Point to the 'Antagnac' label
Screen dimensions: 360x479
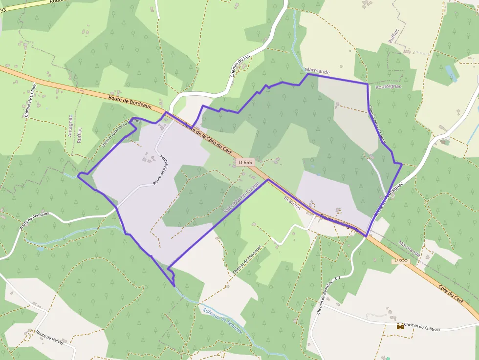(x=70, y=126)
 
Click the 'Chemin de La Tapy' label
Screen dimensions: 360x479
(x=28, y=103)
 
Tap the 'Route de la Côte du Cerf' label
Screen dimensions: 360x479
(x=207, y=138)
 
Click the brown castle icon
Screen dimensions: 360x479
(x=400, y=326)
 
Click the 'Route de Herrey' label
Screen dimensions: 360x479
(x=49, y=337)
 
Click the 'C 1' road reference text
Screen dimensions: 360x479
(x=337, y=278)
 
